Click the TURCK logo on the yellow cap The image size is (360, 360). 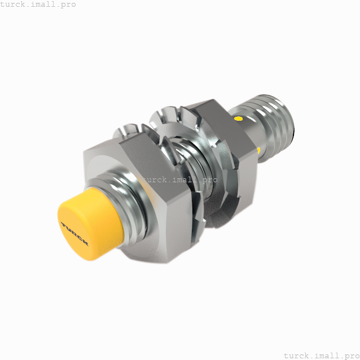pos(75,232)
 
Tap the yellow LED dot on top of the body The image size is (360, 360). pos(239,119)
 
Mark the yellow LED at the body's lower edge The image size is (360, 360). pos(258,150)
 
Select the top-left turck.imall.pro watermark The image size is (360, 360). pos(38,5)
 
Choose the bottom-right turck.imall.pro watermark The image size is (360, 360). pos(321,355)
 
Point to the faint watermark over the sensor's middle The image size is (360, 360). pos(178,180)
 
